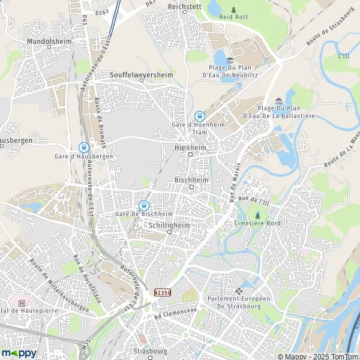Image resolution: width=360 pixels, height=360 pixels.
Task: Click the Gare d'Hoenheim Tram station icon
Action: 199,116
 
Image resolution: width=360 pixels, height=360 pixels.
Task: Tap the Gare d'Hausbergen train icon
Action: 83,147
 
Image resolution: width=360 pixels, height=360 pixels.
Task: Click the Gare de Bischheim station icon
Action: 143,205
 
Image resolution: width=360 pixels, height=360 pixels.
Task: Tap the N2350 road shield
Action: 161,292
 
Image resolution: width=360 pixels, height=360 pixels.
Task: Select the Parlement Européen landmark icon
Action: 239,291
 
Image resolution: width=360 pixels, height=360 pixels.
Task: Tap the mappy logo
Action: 19,353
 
